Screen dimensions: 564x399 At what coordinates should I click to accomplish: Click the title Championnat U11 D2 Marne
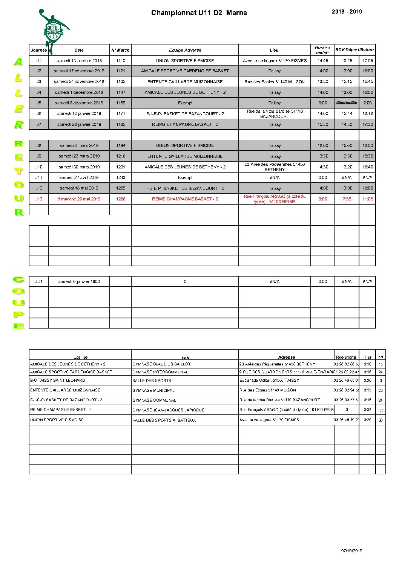pyautogui.click(x=199, y=13)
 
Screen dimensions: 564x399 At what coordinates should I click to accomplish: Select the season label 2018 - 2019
pyautogui.click(x=347, y=12)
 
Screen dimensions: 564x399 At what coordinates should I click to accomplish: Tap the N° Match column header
pyautogui.click(x=120, y=50)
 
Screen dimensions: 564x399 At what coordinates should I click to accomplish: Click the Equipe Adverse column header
pyautogui.click(x=185, y=50)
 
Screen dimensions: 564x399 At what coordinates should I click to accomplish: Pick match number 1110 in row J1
pyautogui.click(x=121, y=61)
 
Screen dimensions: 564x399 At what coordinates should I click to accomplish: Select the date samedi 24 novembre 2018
pyautogui.click(x=79, y=81)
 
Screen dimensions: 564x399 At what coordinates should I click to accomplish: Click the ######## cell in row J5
pyautogui.click(x=347, y=103)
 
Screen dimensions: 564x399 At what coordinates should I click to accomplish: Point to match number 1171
pyautogui.click(x=121, y=113)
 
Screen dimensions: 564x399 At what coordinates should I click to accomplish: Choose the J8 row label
pyautogui.click(x=39, y=145)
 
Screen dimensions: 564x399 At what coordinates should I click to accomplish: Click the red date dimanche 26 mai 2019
pyautogui.click(x=79, y=199)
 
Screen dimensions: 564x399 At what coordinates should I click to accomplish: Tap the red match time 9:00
pyautogui.click(x=323, y=199)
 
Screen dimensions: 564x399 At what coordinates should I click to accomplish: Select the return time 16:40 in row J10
pyautogui.click(x=367, y=167)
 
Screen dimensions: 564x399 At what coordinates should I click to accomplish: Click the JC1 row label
pyautogui.click(x=39, y=281)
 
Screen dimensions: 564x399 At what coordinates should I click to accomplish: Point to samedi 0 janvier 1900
pyautogui.click(x=79, y=281)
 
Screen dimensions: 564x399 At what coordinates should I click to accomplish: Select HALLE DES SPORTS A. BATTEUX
pyautogui.click(x=164, y=420)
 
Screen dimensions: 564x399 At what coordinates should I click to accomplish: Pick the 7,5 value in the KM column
pyautogui.click(x=381, y=410)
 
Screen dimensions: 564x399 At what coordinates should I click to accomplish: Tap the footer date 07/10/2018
pyautogui.click(x=351, y=551)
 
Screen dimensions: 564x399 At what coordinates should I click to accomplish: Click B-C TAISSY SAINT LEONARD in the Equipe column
pyautogui.click(x=58, y=381)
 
